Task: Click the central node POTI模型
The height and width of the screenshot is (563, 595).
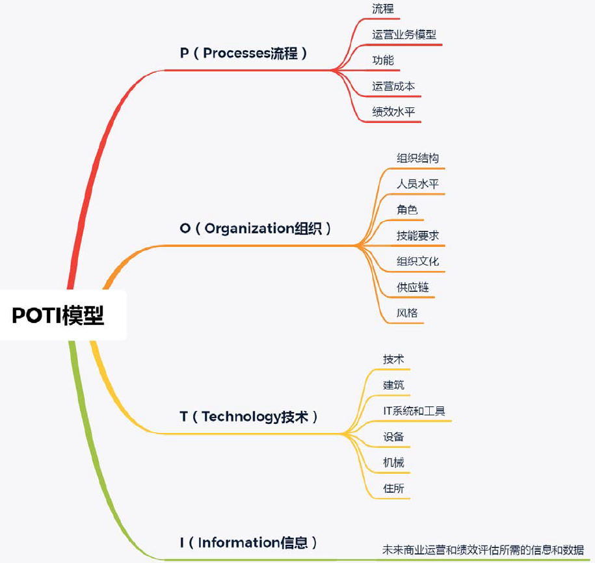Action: pos(59,316)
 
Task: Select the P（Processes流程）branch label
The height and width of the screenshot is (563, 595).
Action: pos(243,53)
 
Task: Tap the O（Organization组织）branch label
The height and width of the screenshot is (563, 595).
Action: pos(256,228)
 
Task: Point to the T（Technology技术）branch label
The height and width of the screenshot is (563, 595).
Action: pos(249,417)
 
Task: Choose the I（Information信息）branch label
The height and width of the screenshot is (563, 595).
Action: pos(249,542)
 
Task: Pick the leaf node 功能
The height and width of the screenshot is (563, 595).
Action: pos(383,60)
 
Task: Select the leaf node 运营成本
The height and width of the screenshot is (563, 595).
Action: pos(393,86)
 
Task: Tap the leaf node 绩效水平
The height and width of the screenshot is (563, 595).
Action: pos(393,112)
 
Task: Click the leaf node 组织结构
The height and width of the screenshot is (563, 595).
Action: pos(418,158)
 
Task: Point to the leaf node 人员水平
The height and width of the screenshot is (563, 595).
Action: pos(418,184)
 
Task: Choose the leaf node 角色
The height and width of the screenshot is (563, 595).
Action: pos(407,210)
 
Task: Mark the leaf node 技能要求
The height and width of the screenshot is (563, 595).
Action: pos(418,235)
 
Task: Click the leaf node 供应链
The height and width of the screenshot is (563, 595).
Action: pos(413,287)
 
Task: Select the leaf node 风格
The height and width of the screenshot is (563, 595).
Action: pos(407,313)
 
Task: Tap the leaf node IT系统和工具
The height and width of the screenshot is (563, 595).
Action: pos(414,411)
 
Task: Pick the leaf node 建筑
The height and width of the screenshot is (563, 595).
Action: pos(393,385)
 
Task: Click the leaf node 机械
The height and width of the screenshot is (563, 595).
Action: pos(393,463)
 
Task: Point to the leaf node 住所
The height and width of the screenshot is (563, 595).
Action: pos(393,488)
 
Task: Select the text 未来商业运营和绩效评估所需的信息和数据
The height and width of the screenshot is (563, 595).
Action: pos(483,550)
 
